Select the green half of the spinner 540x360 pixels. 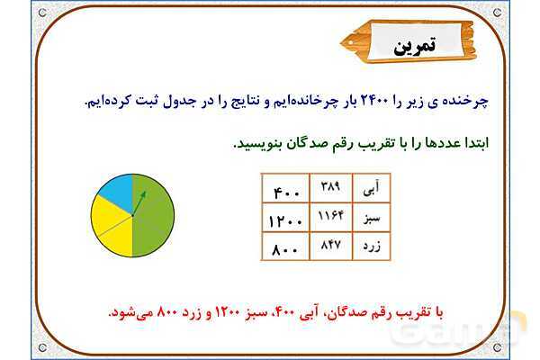[153, 216]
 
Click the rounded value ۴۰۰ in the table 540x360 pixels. [285, 190]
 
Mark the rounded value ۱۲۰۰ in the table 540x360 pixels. [285, 219]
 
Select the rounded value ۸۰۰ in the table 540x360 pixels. [285, 247]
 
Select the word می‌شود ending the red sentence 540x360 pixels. [128, 311]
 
